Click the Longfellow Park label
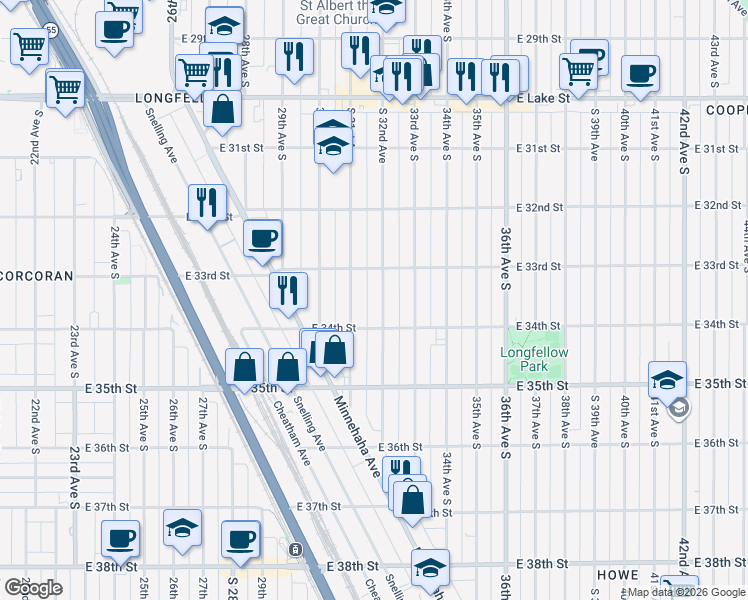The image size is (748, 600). tap(534, 360)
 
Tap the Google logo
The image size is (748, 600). tap(33, 587)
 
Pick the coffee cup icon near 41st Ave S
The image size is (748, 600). tap(640, 73)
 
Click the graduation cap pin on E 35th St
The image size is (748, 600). tap(667, 380)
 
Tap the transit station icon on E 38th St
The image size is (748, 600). tap(294, 550)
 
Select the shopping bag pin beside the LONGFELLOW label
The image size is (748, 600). tap(222, 108)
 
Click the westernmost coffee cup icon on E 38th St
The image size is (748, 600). tap(120, 539)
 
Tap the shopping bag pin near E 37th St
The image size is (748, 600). tap(412, 499)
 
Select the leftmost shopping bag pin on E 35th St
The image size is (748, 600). tap(245, 367)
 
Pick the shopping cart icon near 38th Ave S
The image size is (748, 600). tap(579, 71)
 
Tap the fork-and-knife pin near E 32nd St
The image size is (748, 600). tap(207, 203)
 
